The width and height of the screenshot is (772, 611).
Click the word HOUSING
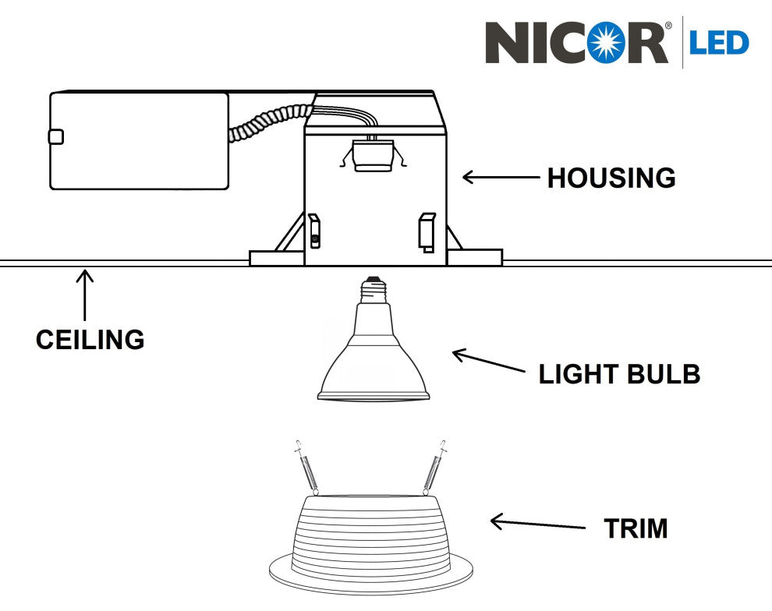point(611,178)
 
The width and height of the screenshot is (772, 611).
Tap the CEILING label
point(90,340)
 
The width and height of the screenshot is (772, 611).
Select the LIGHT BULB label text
point(619,375)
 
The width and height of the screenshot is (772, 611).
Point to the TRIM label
point(636,529)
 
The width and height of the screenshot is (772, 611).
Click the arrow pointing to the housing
point(501,177)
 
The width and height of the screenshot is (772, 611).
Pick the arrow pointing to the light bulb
point(488,362)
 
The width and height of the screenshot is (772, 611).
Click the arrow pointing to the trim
point(537,524)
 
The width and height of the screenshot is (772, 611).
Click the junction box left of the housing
point(139,140)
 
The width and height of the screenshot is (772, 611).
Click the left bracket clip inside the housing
point(314,230)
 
